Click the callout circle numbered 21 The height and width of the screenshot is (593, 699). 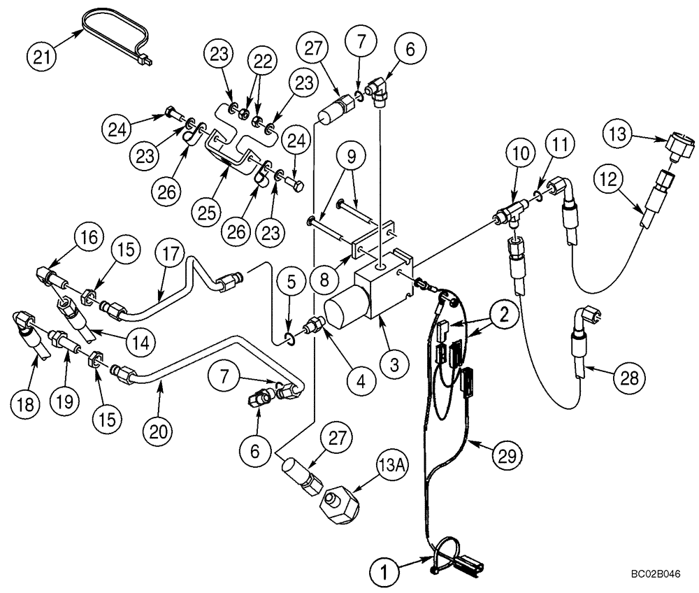41,54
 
